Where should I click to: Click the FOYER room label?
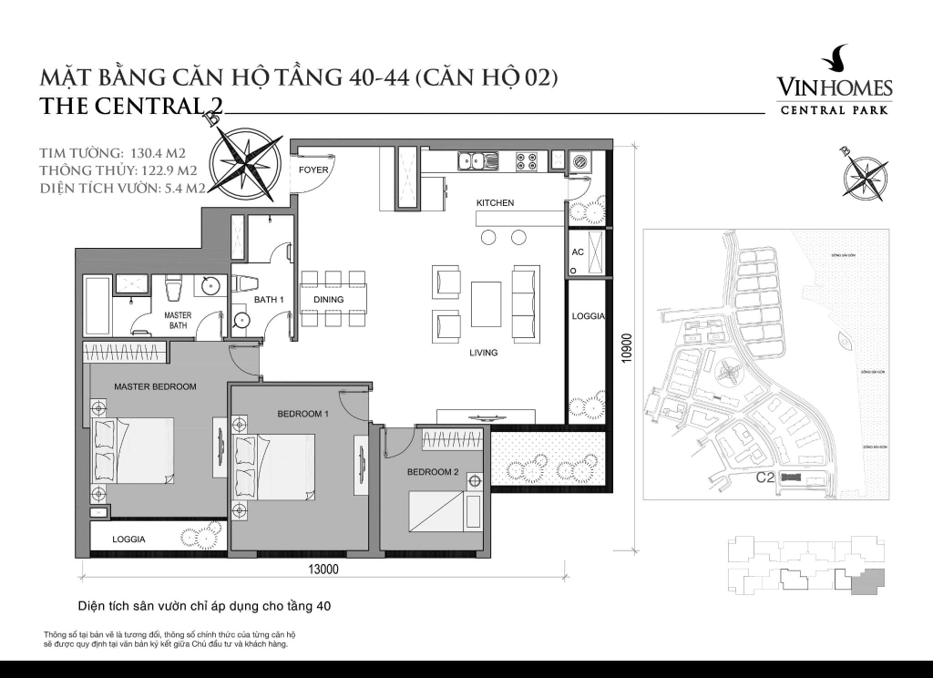tap(313, 169)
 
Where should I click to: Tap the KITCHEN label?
tap(495, 203)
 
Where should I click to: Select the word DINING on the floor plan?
tap(329, 300)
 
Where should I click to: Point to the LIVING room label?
tap(484, 353)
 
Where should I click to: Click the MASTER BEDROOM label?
tap(155, 386)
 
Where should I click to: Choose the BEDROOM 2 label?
tap(432, 472)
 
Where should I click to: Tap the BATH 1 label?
tap(270, 300)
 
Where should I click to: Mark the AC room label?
tap(577, 252)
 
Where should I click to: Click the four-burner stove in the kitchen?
tap(527, 161)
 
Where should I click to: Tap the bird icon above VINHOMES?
tap(834, 61)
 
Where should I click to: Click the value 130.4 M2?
tap(156, 151)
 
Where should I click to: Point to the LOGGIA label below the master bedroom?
tap(128, 539)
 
